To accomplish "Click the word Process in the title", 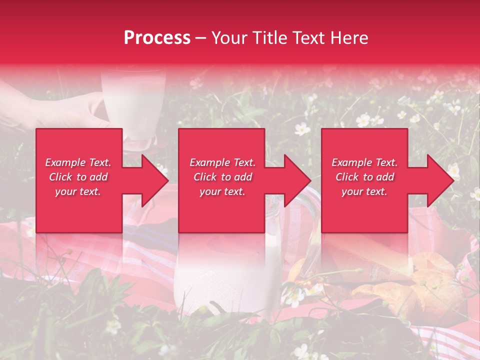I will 157,38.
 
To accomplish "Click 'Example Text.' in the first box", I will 78,162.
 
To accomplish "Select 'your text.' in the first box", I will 78,191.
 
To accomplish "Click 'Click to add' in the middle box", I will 222,177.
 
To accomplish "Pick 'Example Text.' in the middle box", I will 222,162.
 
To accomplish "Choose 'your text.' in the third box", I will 364,191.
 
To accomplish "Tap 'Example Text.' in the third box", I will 364,162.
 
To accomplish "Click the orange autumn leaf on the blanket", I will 415,285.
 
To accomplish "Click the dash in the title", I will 200,38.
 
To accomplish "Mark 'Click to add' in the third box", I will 364,177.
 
